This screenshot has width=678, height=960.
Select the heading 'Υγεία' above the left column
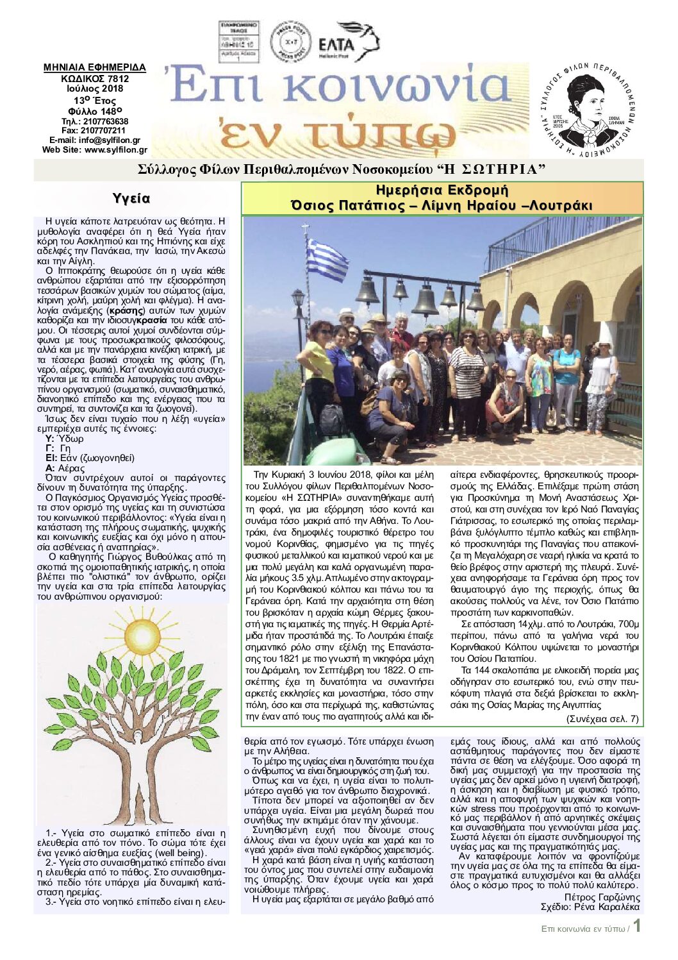click(x=131, y=198)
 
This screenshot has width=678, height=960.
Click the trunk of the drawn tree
click(x=136, y=779)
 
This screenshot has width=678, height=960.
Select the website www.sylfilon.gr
click(x=94, y=150)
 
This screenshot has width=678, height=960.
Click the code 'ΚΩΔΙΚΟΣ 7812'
click(x=95, y=79)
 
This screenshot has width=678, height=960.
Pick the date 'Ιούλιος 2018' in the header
click(x=95, y=88)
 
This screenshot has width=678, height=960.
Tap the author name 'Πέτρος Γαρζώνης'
click(x=602, y=897)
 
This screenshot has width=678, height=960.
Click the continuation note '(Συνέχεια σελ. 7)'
click(x=602, y=719)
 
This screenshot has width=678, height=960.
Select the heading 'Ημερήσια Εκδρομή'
click(x=442, y=190)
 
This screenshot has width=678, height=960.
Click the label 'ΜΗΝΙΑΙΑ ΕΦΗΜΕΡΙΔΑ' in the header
click(x=95, y=67)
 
